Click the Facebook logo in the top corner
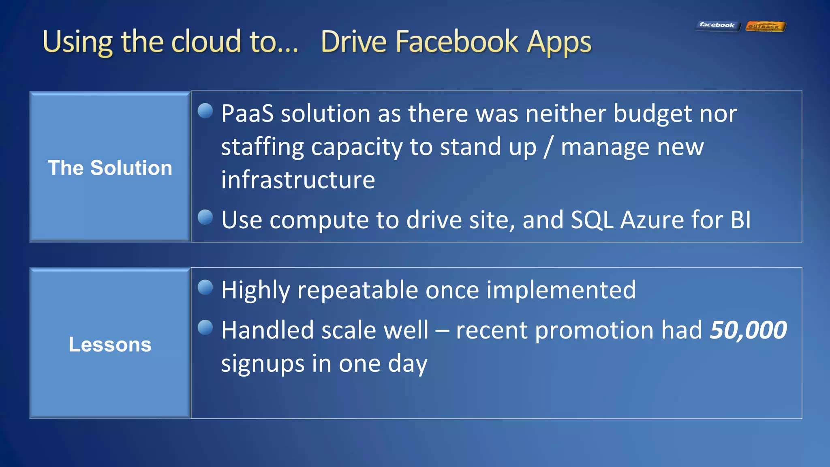[717, 26]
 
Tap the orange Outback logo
[765, 27]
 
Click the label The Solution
[110, 168]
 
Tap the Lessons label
[110, 345]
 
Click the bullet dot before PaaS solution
[205, 111]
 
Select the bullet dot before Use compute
[205, 217]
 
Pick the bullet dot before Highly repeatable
[205, 287]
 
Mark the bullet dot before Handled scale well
[205, 328]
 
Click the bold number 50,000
[748, 330]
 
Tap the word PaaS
[247, 114]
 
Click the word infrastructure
[298, 180]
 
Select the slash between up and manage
[548, 147]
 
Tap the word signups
[262, 364]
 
